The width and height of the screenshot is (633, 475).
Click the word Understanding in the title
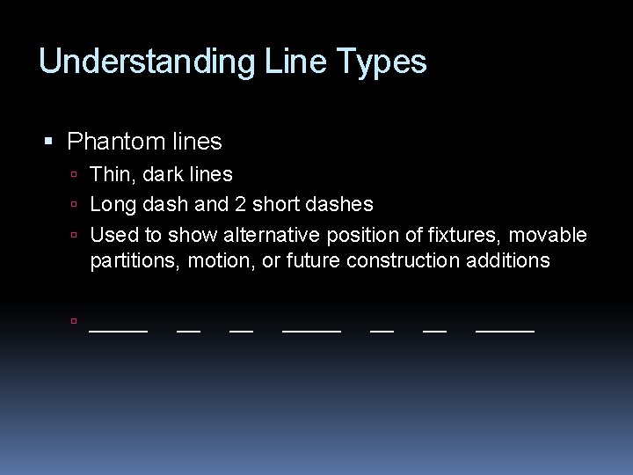[x=146, y=62]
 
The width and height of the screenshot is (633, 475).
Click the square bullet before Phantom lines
[x=49, y=141]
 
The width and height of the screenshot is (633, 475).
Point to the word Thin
[x=110, y=175]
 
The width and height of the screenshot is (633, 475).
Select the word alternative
[x=272, y=235]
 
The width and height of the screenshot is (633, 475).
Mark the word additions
[x=510, y=261]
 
